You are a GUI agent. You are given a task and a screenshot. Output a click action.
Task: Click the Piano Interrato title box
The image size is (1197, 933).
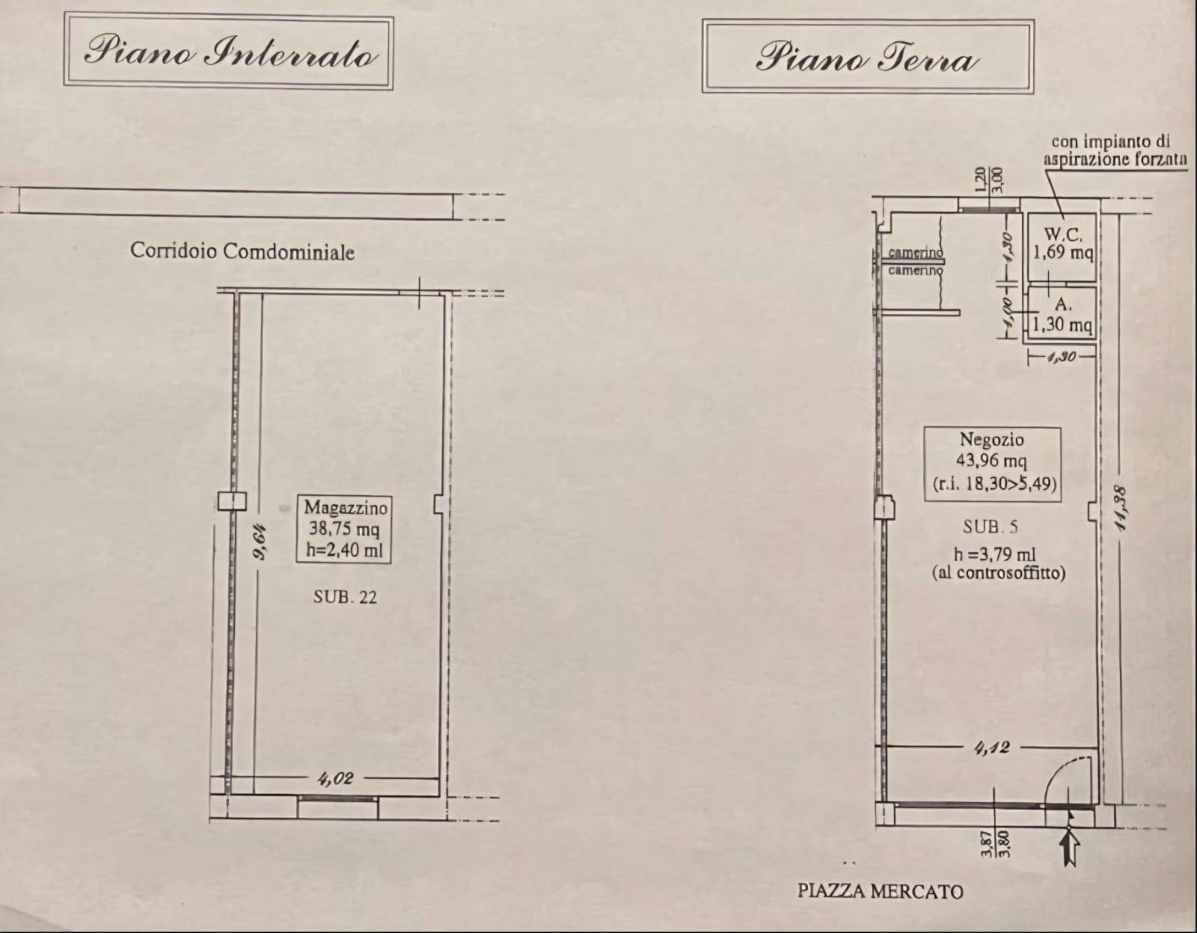229,52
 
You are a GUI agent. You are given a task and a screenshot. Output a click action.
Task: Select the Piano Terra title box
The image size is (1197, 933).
867,57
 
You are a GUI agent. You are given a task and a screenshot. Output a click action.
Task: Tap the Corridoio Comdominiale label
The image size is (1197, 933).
242,251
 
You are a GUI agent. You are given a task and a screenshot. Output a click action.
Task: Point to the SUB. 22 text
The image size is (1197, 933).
345,597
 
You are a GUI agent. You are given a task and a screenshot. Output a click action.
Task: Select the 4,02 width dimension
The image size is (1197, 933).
334,779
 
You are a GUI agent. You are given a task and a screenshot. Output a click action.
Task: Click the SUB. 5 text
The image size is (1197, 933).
990,527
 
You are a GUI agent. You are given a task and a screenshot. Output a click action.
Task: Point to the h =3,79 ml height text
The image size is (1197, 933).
994,554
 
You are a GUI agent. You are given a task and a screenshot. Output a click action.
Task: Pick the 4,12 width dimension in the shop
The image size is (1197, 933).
992,747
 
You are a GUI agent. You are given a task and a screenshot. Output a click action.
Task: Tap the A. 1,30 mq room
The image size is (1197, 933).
1062,316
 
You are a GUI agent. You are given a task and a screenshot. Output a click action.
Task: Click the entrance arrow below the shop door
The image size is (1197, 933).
1071,848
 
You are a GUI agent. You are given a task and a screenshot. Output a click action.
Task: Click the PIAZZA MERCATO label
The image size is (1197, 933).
880,891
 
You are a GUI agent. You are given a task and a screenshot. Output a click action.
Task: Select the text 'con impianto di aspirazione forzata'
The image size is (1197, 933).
1115,150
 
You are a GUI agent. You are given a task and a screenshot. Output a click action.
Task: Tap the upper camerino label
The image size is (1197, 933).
915,254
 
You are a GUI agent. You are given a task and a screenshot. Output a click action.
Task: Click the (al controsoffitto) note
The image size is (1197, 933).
998,573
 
